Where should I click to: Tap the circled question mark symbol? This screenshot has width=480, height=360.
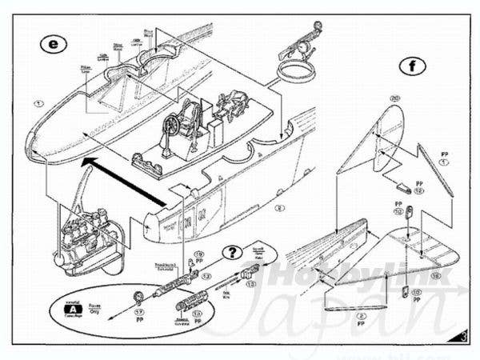pyautogui.click(x=232, y=253)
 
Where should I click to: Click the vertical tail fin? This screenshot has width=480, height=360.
pyautogui.click(x=376, y=144)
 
